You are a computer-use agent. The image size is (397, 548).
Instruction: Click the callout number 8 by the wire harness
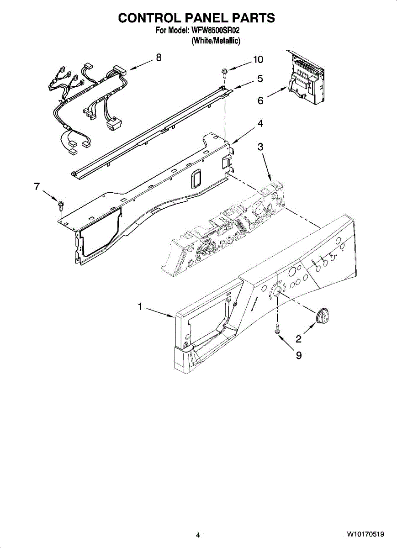[x=159, y=57]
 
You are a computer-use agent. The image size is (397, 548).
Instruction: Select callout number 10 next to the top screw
[x=258, y=59]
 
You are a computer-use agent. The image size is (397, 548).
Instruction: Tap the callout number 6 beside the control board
[x=260, y=100]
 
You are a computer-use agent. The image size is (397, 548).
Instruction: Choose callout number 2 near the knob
[x=298, y=338]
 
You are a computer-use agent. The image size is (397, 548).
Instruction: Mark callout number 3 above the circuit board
[x=260, y=147]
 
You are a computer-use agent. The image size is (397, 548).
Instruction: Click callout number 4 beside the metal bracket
[x=259, y=123]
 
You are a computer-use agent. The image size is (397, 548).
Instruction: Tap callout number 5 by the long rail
[x=260, y=79]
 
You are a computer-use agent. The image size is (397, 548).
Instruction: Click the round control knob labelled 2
[x=322, y=316]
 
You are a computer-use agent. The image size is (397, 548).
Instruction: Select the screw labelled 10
[x=224, y=71]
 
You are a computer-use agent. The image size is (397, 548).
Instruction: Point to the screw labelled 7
[x=61, y=204]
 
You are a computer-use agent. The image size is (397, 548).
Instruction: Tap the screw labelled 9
[x=277, y=328]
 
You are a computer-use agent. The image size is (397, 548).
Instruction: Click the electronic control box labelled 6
[x=305, y=78]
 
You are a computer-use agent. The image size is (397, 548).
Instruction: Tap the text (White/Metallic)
[x=216, y=40]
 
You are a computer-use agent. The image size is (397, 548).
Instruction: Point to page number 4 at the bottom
[x=198, y=535]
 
